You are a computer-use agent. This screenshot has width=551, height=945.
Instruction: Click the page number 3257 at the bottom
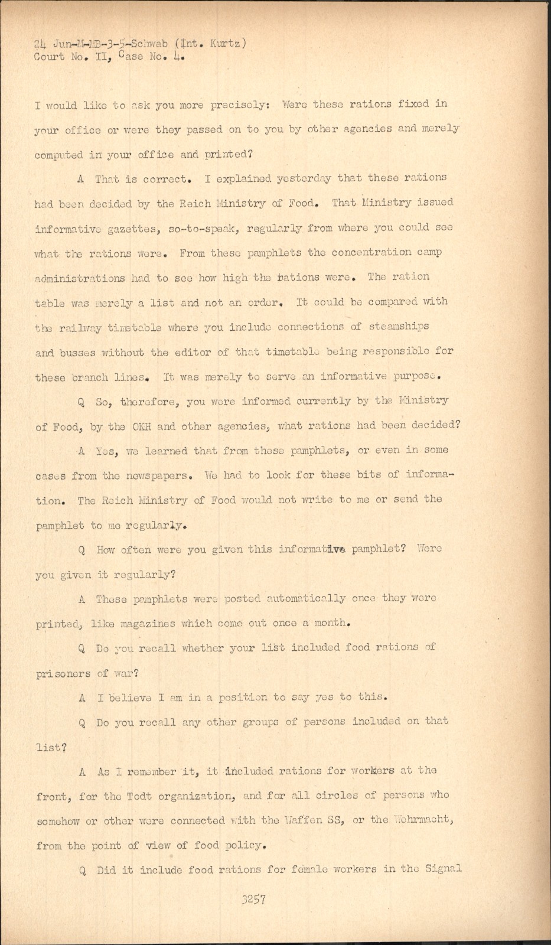pos(253,900)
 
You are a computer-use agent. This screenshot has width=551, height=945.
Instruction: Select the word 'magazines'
pos(148,623)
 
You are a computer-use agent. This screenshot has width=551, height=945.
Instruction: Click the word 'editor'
pos(194,352)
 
